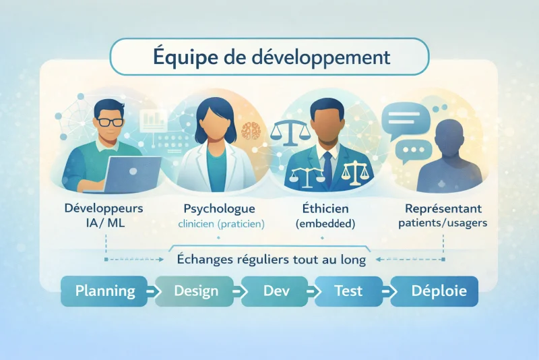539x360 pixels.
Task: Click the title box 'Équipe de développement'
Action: coord(269,56)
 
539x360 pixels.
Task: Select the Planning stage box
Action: coord(104,291)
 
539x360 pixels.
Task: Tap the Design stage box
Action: coord(195,291)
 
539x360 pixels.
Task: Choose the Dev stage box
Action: coord(273,291)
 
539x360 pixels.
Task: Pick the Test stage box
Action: coord(348,291)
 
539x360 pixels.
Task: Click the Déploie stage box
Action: coord(435,291)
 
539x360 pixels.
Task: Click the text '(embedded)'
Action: coord(324,223)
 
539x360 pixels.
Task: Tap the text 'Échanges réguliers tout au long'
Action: coord(271,259)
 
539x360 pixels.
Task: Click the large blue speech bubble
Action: coord(405,120)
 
